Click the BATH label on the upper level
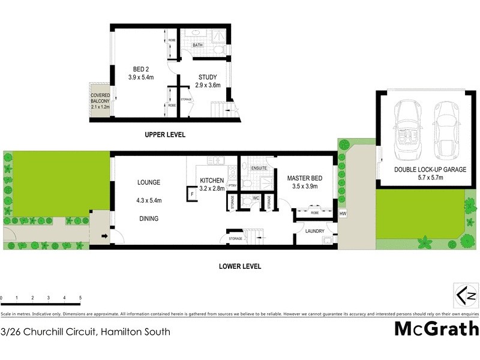point(197,45)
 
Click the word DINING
point(148,219)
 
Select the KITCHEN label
point(212,181)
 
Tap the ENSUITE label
point(260,169)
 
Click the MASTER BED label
point(305,178)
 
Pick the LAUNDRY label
point(314,231)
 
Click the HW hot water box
point(343,214)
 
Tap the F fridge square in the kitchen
point(192,194)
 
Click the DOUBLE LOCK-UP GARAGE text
point(430,170)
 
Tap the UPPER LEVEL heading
point(165,135)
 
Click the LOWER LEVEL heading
point(240,266)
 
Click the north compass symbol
point(466,295)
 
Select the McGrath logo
point(436,329)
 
